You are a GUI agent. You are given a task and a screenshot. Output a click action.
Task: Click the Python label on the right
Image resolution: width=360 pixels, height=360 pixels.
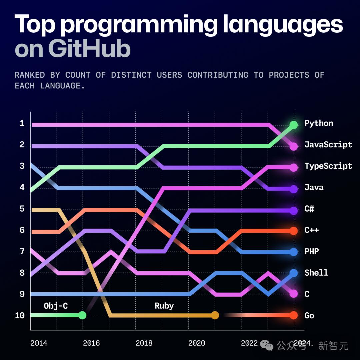[x=319, y=123]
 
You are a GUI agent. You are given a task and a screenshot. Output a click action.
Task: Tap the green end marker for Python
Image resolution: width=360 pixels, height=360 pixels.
[x=294, y=125]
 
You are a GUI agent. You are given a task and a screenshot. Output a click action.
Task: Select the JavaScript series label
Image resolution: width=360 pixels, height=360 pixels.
[x=328, y=145]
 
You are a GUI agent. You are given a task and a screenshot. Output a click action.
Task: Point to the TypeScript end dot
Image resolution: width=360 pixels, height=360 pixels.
[x=294, y=167]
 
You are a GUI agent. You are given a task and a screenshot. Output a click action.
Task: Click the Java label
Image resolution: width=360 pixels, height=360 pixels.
[x=314, y=187]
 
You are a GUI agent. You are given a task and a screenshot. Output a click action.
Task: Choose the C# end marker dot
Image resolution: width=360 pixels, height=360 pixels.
[x=294, y=210]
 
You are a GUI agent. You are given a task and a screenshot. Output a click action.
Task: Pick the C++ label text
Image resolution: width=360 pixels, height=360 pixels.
[x=311, y=230]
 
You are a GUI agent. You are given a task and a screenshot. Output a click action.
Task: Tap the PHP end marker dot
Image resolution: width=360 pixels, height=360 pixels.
[x=294, y=252]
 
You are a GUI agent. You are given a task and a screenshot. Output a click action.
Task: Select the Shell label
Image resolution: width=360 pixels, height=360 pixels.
[x=316, y=273]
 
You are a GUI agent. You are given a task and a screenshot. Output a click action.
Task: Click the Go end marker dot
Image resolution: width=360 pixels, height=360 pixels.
[x=294, y=315]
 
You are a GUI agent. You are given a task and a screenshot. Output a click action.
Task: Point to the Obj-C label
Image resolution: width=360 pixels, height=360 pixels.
[x=56, y=306]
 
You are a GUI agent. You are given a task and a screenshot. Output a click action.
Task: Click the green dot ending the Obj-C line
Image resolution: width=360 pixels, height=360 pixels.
[x=82, y=315]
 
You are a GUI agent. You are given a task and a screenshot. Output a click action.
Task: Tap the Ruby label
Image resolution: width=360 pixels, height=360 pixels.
[x=164, y=306]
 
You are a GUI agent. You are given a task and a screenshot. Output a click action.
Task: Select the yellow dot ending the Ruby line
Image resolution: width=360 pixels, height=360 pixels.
[x=215, y=315]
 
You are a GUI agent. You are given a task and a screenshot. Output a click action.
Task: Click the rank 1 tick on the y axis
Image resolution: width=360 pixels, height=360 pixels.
[x=22, y=124]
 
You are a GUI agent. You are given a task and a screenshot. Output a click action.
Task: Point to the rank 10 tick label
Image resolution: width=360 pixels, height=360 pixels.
[x=20, y=315]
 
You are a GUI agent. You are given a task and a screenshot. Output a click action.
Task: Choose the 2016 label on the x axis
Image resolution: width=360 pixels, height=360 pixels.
[x=91, y=343]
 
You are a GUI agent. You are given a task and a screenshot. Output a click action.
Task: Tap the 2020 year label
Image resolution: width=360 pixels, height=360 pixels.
[x=197, y=343]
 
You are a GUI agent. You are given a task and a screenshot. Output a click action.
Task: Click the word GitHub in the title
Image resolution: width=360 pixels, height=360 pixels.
[x=89, y=49]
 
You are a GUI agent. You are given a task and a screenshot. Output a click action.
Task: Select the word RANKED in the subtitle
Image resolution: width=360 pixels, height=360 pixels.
[x=29, y=75]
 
